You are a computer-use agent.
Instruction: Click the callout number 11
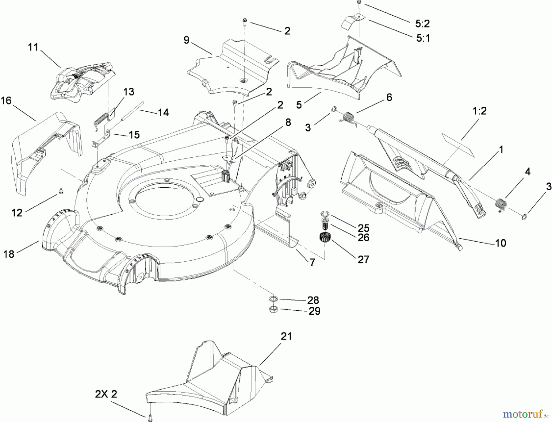tap(33, 47)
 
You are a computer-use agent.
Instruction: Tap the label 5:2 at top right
tap(423, 23)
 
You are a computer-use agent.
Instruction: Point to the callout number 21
tap(286, 336)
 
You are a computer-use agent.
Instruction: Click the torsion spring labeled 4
tap(501, 204)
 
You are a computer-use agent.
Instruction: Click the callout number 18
tap(9, 254)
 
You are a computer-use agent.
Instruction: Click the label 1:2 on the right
tap(480, 111)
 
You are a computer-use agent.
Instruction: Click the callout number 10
tap(500, 243)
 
